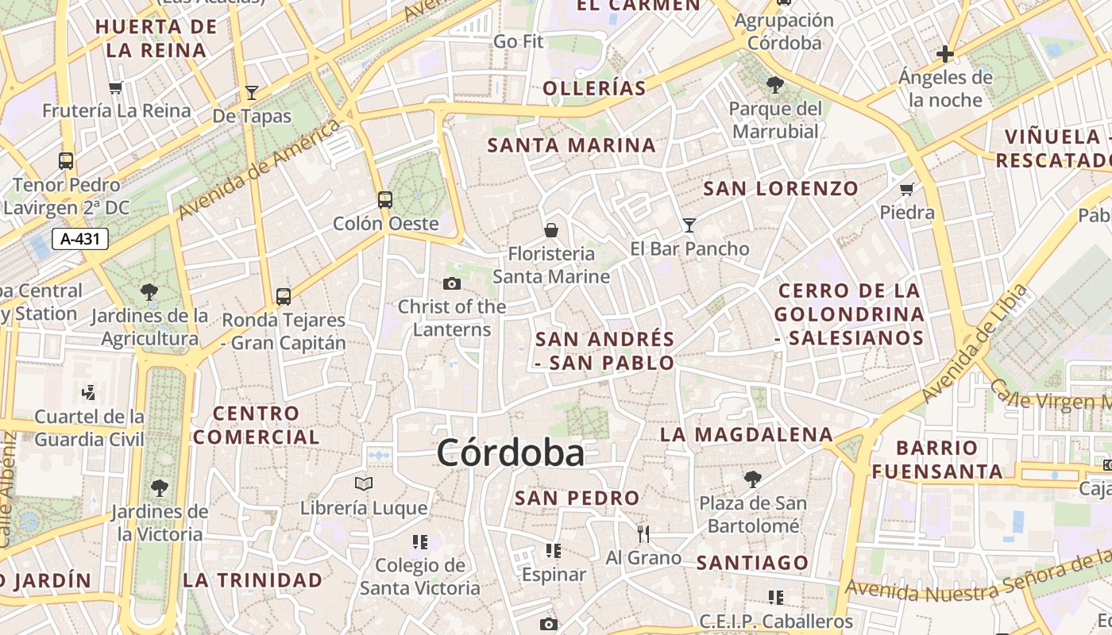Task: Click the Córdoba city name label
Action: (x=510, y=453)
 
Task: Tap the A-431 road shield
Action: (x=79, y=238)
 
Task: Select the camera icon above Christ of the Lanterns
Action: (x=451, y=283)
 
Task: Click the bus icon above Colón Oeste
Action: (x=385, y=199)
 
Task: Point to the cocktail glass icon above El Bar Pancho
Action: (x=689, y=225)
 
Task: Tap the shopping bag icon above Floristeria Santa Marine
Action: (x=550, y=230)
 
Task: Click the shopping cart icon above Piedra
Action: (x=906, y=189)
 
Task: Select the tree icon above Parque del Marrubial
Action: (x=774, y=84)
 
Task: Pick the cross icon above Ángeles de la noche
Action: (x=944, y=54)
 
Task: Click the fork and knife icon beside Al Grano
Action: (x=643, y=533)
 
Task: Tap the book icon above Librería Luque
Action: (x=364, y=483)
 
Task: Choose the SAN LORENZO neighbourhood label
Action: (x=781, y=188)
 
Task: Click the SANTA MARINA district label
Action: (x=571, y=145)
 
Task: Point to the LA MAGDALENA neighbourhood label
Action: (x=747, y=434)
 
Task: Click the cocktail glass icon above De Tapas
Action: (x=252, y=92)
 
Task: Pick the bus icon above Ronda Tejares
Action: (x=284, y=297)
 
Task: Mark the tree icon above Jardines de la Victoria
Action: (x=160, y=487)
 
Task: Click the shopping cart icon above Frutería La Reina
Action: (x=116, y=87)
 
